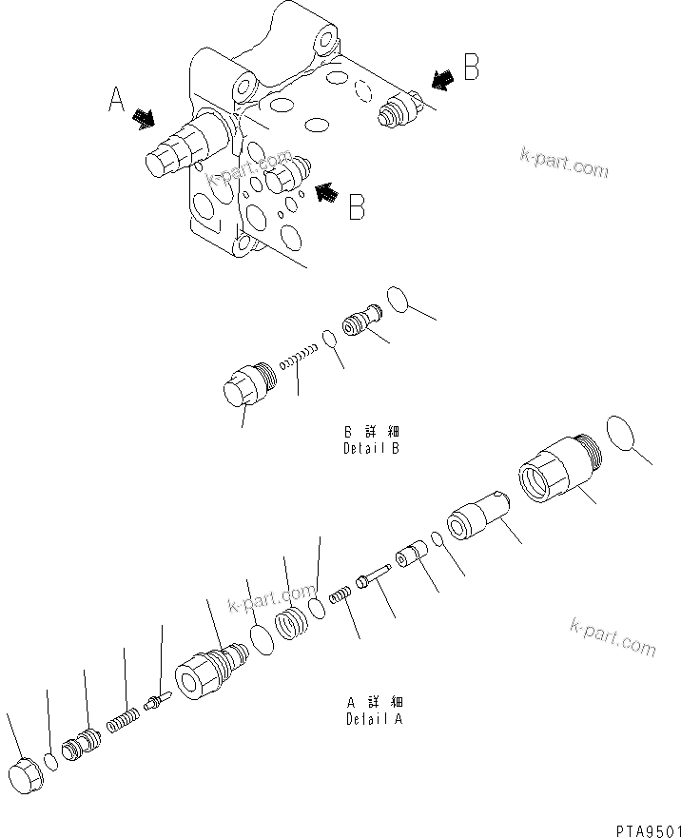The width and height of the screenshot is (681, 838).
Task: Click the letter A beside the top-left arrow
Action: [116, 98]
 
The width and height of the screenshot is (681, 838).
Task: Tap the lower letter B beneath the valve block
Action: [357, 206]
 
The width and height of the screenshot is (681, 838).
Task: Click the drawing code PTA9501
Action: [641, 828]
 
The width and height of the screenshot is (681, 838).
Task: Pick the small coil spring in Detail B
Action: [300, 361]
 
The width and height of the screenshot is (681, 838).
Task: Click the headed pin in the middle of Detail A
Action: [372, 576]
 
